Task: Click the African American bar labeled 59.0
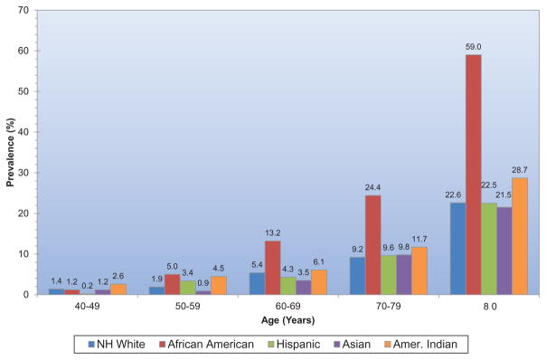pyautogui.click(x=474, y=175)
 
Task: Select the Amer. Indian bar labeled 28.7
pyautogui.click(x=520, y=236)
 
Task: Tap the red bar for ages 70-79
pyautogui.click(x=373, y=245)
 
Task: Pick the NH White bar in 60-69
pyautogui.click(x=257, y=284)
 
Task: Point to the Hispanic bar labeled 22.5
pyautogui.click(x=489, y=249)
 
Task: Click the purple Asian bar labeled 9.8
pyautogui.click(x=404, y=275)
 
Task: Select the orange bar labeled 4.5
pyautogui.click(x=219, y=286)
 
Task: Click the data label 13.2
pyautogui.click(x=273, y=233)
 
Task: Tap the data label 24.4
pyautogui.click(x=373, y=187)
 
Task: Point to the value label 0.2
pyautogui.click(x=88, y=286)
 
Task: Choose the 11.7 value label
pyautogui.click(x=419, y=239)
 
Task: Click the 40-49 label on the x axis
pyautogui.click(x=87, y=307)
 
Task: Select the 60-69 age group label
pyautogui.click(x=287, y=307)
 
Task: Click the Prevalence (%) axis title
pyautogui.click(x=11, y=153)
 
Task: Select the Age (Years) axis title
pyautogui.click(x=288, y=320)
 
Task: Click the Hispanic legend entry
pyautogui.click(x=294, y=345)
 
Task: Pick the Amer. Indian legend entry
pyautogui.click(x=420, y=345)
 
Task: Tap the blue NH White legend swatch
pyautogui.click(x=91, y=345)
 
